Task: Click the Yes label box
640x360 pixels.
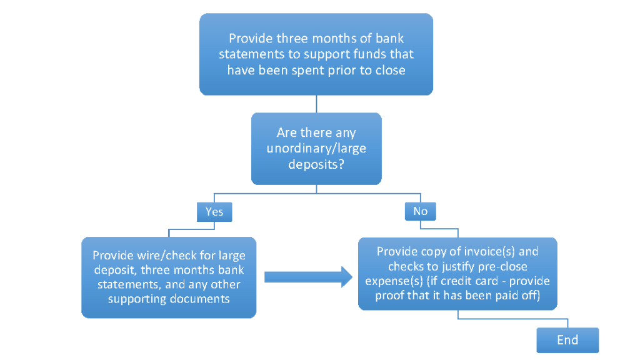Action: (214, 212)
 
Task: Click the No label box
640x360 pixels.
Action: (420, 211)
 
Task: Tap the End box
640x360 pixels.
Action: (567, 341)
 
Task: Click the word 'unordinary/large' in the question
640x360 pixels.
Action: (316, 149)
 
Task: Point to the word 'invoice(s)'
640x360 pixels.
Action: (497, 252)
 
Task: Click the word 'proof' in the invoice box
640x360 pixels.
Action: (391, 295)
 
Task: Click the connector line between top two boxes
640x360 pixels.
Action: (316, 104)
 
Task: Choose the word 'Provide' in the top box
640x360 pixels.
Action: (249, 39)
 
